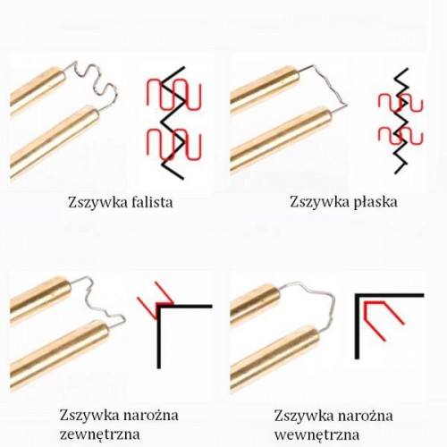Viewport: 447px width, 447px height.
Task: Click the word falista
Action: point(152,202)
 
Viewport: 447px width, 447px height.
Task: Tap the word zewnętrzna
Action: point(100,434)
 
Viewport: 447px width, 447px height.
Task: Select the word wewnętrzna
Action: point(316,434)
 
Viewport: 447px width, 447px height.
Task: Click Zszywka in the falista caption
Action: point(98,203)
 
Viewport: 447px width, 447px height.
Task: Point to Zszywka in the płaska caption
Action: point(320,202)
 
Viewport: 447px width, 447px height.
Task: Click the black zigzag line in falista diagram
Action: point(173,122)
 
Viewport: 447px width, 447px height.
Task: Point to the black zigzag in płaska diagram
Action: point(401,121)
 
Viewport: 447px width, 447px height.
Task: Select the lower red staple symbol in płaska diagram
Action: point(401,136)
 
